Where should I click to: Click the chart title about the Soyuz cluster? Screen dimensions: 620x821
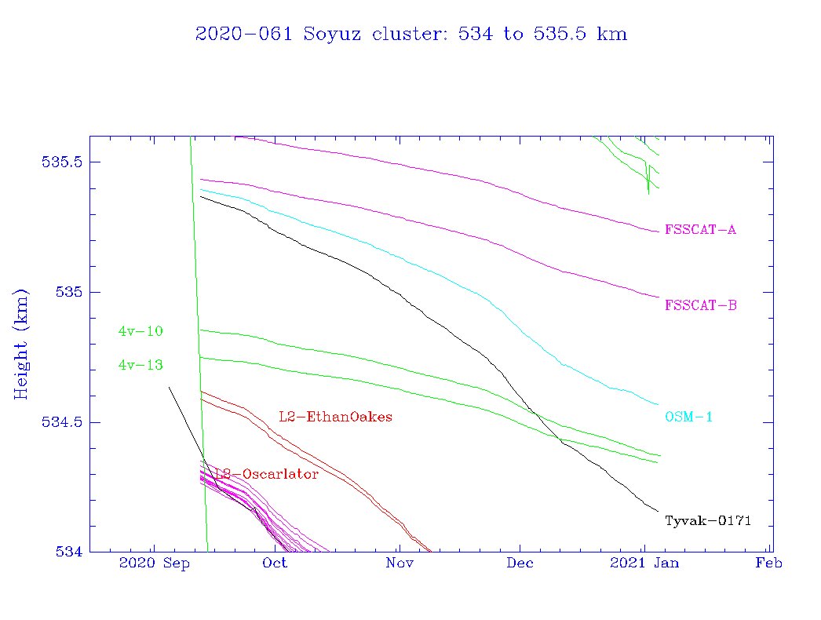click(410, 35)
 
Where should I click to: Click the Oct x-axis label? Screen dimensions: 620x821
click(275, 563)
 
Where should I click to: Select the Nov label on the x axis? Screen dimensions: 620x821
click(400, 563)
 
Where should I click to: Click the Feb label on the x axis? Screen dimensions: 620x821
click(768, 563)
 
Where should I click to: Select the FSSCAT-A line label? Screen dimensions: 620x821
click(700, 230)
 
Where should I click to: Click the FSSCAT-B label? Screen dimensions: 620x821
click(700, 305)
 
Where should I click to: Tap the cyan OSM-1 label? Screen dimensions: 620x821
click(688, 417)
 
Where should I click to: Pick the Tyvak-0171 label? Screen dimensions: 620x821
click(708, 520)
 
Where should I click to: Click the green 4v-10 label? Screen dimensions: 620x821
click(140, 331)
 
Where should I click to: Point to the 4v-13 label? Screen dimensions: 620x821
click(140, 365)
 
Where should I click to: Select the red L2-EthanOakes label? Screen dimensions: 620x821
click(335, 416)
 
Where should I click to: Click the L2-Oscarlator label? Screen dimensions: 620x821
click(267, 475)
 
